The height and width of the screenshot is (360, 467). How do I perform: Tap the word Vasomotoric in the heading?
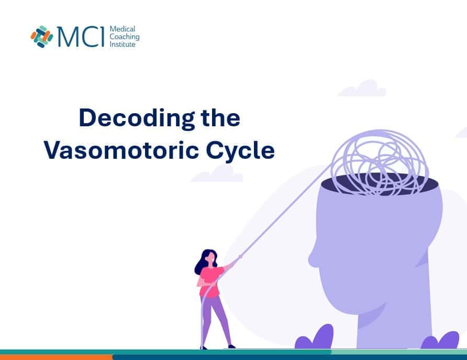(x=121, y=150)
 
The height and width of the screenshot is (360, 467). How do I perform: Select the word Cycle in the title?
(x=240, y=150)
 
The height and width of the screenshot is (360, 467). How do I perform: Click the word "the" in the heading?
(x=220, y=118)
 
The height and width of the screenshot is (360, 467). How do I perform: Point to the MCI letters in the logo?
(x=81, y=37)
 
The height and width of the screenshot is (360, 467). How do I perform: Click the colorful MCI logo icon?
(x=42, y=37)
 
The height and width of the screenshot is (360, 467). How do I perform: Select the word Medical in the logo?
(x=123, y=29)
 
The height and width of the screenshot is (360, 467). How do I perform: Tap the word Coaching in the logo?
(x=125, y=37)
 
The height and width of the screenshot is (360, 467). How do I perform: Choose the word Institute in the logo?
(x=123, y=45)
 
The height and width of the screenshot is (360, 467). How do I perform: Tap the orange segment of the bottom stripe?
(x=57, y=357)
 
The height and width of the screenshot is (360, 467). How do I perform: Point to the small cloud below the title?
(x=217, y=174)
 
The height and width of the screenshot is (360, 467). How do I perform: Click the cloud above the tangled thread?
(x=362, y=89)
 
